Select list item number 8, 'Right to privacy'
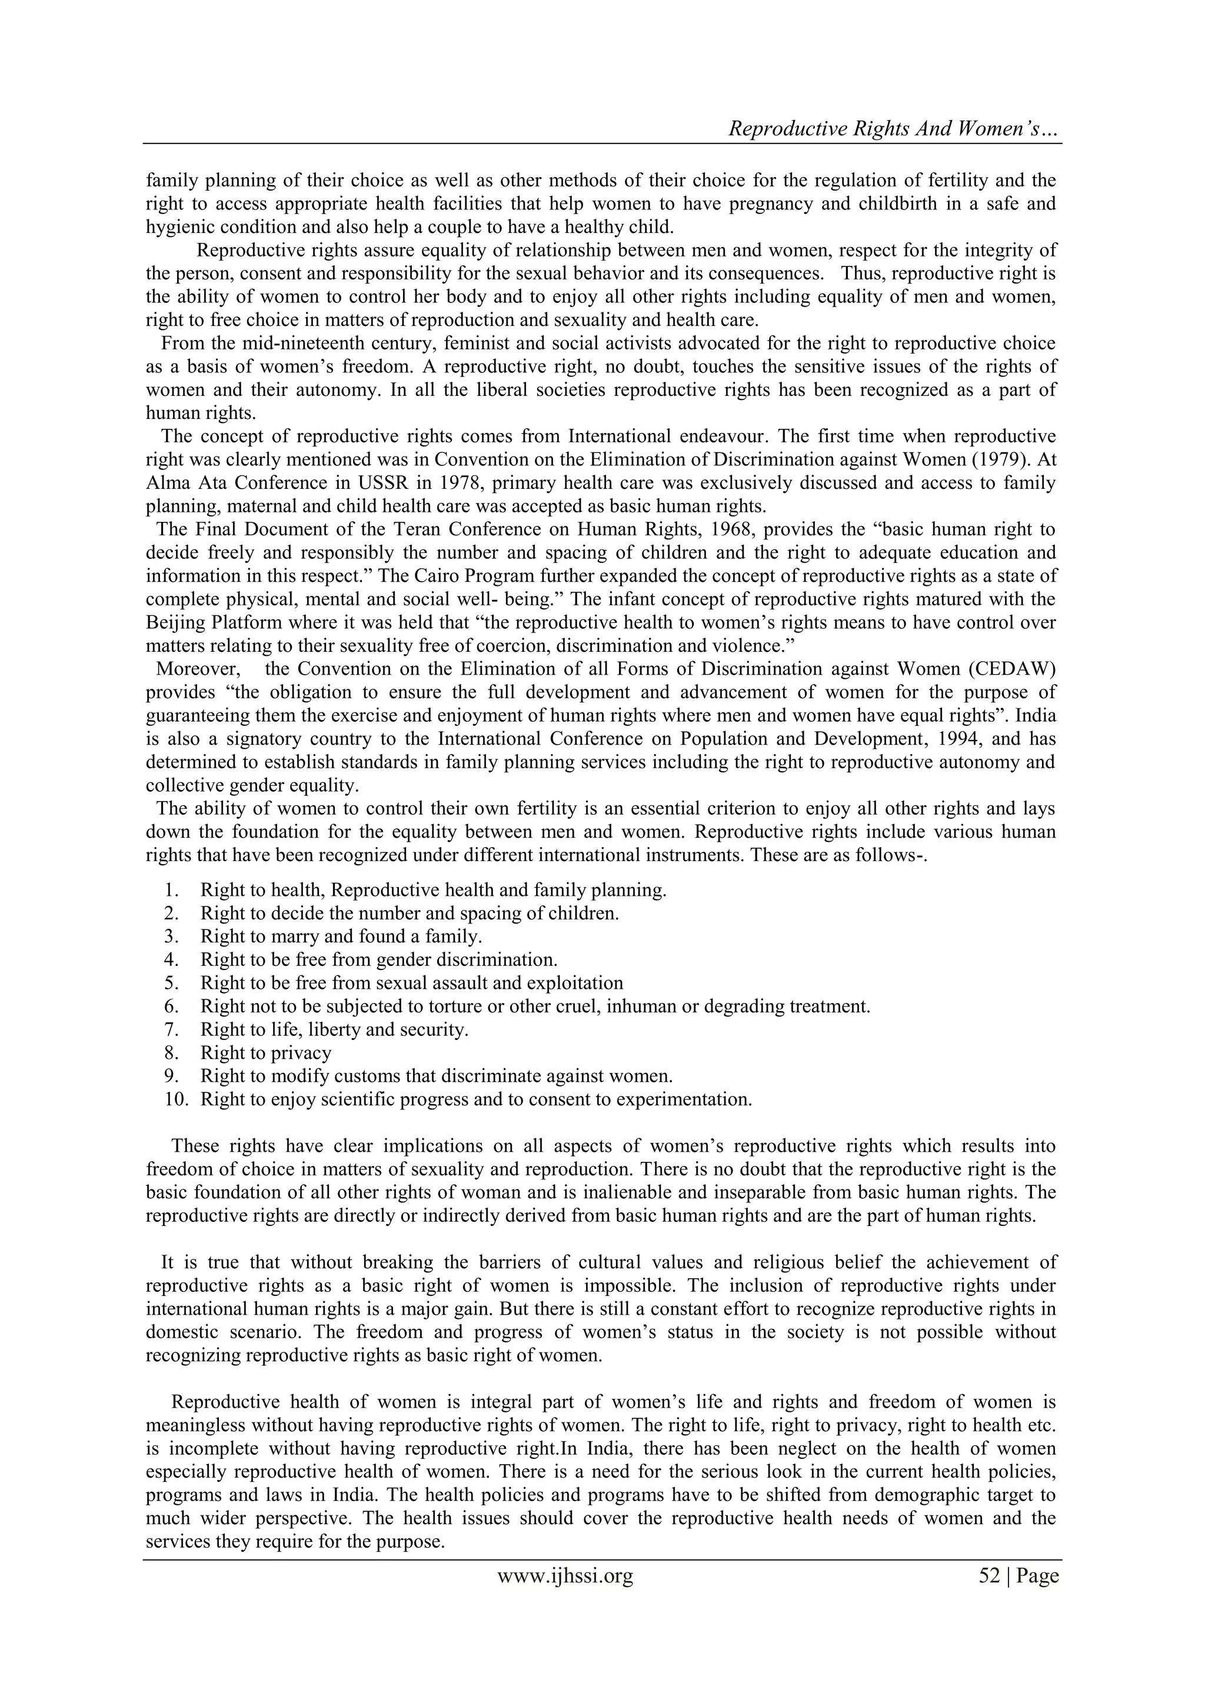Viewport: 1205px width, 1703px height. click(265, 1052)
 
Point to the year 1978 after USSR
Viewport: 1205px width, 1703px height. click(430, 483)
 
